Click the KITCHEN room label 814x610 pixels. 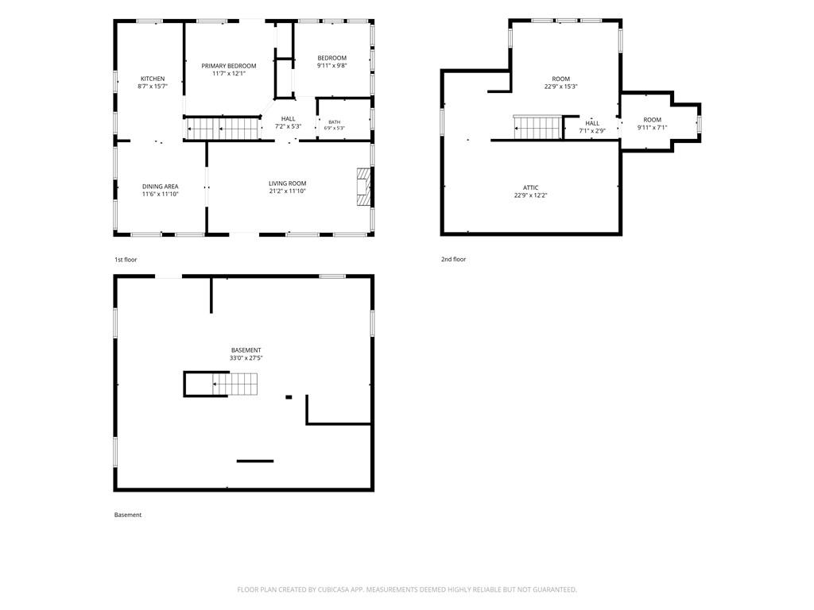[153, 79]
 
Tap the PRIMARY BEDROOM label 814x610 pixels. [229, 66]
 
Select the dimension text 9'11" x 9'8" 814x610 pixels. [332, 66]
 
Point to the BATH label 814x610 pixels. [335, 122]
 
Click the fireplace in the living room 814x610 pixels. [364, 187]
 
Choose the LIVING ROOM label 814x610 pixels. [288, 183]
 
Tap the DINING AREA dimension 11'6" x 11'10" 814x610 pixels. [161, 194]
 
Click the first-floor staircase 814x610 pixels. [223, 129]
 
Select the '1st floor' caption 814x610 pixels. [126, 260]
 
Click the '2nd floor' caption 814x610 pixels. [454, 259]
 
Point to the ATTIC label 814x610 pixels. [530, 187]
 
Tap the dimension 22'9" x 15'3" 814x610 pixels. [561, 87]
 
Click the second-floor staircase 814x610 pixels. [538, 127]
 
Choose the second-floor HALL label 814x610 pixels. [592, 123]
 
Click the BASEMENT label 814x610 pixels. [246, 350]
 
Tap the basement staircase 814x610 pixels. [235, 384]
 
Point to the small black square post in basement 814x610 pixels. [289, 397]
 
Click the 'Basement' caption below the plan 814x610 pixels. [128, 515]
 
